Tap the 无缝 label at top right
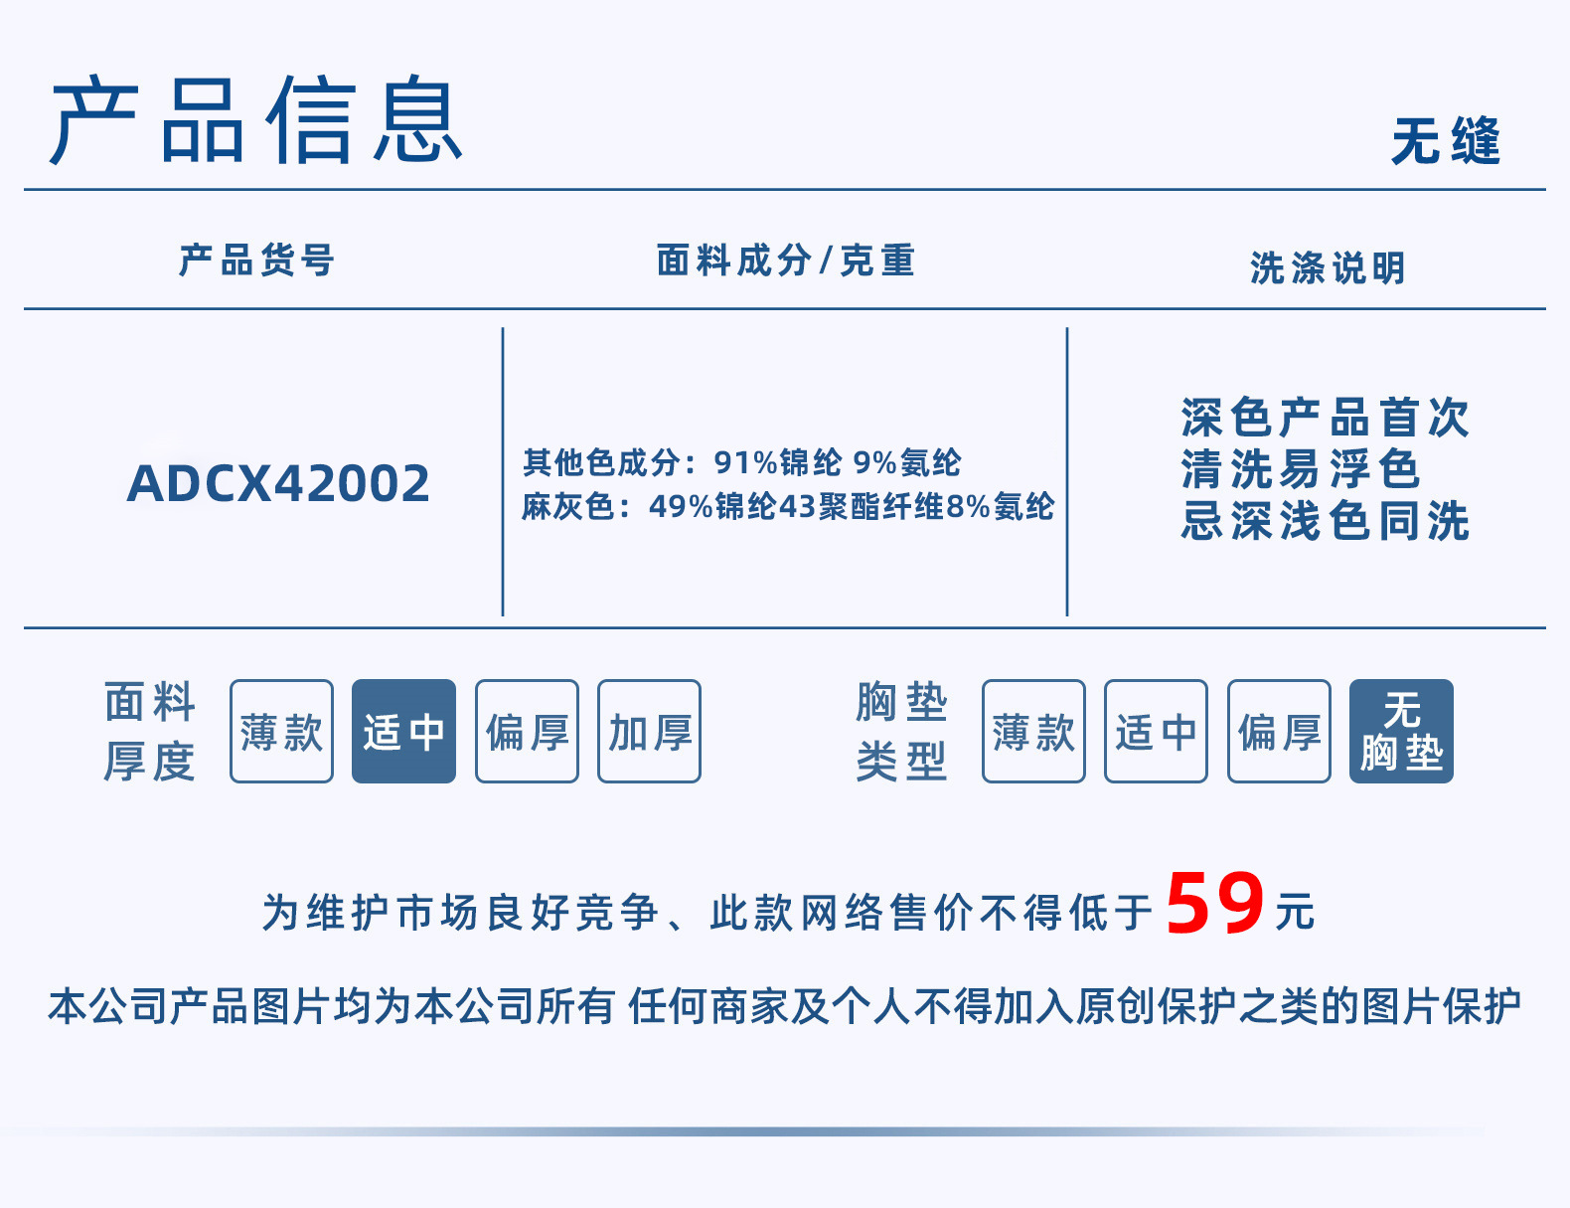coord(1445,140)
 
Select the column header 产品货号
coord(256,260)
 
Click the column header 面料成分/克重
coord(785,260)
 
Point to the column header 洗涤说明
coord(1328,267)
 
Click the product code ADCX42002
coord(278,484)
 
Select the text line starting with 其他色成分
coord(741,462)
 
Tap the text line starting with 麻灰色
coord(787,506)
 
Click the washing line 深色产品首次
coord(1325,418)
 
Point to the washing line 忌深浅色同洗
coord(1325,521)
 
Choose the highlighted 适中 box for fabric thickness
coord(403,732)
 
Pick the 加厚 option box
coord(649,732)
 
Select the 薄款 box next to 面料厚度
coord(281,732)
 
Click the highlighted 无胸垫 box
coord(1401,732)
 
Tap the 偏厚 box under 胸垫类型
coord(1279,732)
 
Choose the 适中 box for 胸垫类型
coord(1156,732)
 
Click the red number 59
coord(1214,904)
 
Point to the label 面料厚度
coord(149,732)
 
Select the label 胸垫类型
coord(901,732)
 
